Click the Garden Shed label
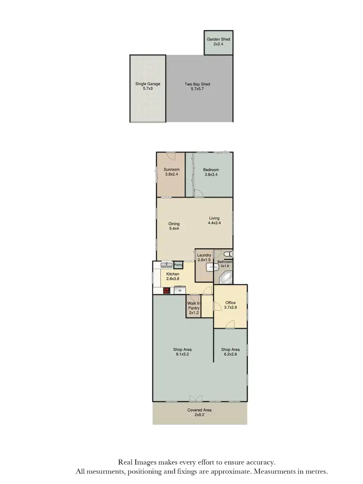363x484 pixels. pyautogui.click(x=218, y=39)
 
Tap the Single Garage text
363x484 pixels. pyautogui.click(x=148, y=84)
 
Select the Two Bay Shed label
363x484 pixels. pyautogui.click(x=197, y=84)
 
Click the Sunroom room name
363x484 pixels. pyautogui.click(x=171, y=170)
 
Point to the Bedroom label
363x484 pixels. pyautogui.click(x=211, y=170)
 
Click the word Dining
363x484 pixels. pyautogui.click(x=174, y=224)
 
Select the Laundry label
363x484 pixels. pyautogui.click(x=204, y=255)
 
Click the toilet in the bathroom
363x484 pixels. pyautogui.click(x=229, y=254)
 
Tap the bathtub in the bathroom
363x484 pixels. pyautogui.click(x=226, y=278)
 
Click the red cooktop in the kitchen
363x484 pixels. pyautogui.click(x=166, y=290)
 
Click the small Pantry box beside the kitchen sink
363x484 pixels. pyautogui.click(x=178, y=265)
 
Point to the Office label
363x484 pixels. pyautogui.click(x=230, y=303)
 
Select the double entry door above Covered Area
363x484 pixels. pyautogui.click(x=195, y=399)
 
